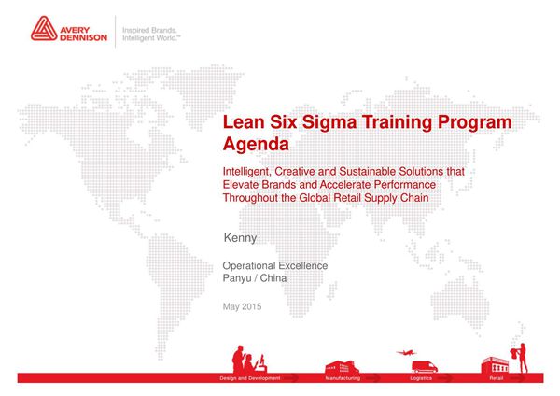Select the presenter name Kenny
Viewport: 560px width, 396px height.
241,238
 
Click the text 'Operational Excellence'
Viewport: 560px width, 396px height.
275,265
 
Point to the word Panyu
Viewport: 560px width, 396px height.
238,278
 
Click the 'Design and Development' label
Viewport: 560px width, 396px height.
245,379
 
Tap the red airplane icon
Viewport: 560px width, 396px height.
404,352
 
